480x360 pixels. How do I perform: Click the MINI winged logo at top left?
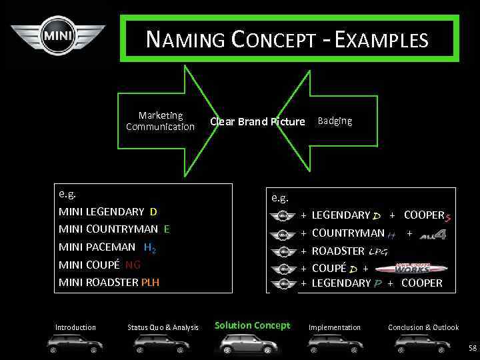pyautogui.click(x=58, y=35)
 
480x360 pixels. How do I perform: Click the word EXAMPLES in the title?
pyautogui.click(x=381, y=40)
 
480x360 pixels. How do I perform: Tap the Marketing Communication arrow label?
pyautogui.click(x=160, y=121)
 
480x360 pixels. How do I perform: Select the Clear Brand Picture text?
pyautogui.click(x=257, y=121)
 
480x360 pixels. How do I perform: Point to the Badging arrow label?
pyautogui.click(x=335, y=121)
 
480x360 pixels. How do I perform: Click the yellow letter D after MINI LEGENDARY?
pyautogui.click(x=153, y=212)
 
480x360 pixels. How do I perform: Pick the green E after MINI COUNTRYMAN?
pyautogui.click(x=167, y=229)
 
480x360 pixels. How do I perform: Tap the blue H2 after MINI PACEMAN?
pyautogui.click(x=149, y=247)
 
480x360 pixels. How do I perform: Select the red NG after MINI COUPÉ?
pyautogui.click(x=133, y=265)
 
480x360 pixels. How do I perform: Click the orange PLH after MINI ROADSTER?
pyautogui.click(x=150, y=282)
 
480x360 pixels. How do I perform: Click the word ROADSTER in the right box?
pyautogui.click(x=338, y=251)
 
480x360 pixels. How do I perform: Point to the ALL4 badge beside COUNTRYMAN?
pyautogui.click(x=432, y=234)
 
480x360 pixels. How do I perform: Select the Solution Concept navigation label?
pyautogui.click(x=252, y=325)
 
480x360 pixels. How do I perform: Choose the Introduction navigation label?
pyautogui.click(x=75, y=327)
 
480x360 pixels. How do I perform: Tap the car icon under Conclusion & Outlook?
pyautogui.click(x=421, y=343)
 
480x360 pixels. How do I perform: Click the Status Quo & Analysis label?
pyautogui.click(x=163, y=327)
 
